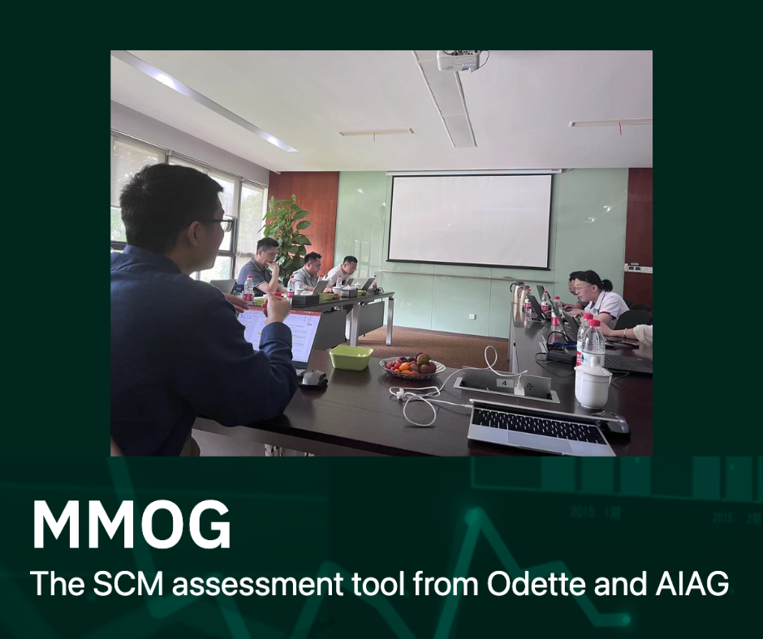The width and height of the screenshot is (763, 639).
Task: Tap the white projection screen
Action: [470, 221]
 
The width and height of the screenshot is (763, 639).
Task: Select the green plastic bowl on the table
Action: [351, 358]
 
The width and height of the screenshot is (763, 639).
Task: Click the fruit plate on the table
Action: [412, 366]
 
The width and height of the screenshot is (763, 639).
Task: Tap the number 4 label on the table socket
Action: [504, 384]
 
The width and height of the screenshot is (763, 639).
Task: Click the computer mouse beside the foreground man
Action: [313, 378]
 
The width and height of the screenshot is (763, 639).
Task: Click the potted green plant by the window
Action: [287, 234]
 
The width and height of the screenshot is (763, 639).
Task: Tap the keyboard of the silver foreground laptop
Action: [538, 426]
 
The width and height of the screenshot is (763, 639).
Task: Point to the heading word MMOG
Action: [131, 525]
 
